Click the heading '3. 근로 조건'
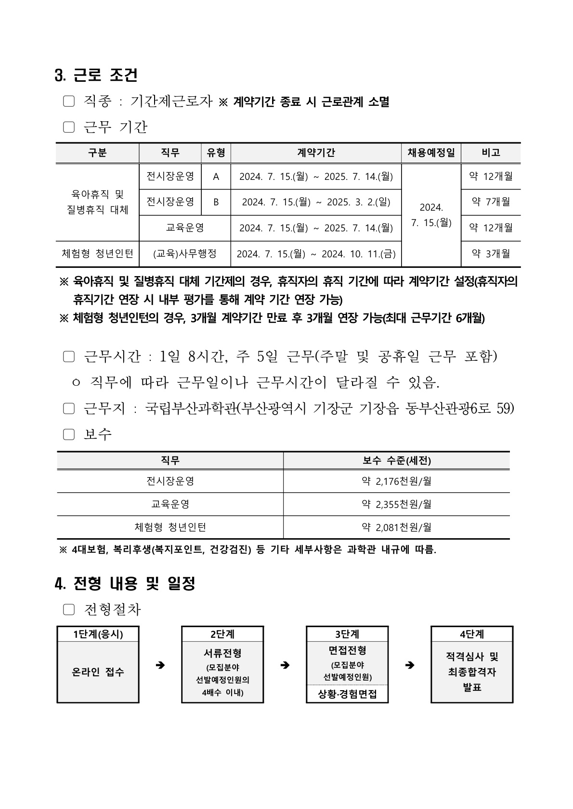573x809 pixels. [96, 76]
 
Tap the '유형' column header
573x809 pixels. [216, 153]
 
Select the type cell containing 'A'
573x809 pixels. [216, 177]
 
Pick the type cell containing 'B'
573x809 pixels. [216, 202]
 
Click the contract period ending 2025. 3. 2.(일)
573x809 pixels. [316, 202]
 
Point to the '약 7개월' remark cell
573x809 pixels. [491, 202]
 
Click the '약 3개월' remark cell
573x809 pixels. [491, 253]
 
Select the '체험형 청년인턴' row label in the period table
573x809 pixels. [97, 253]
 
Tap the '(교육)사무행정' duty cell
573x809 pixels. [185, 253]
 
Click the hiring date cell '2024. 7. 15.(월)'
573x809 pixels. [431, 215]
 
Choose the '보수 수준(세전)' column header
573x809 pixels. [396, 461]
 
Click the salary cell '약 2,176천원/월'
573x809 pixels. [396, 481]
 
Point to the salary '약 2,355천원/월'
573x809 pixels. [396, 504]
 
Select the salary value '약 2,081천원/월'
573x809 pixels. [396, 527]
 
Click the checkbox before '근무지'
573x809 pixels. [69, 409]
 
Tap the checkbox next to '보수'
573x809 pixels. [69, 434]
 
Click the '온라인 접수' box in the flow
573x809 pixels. [98, 672]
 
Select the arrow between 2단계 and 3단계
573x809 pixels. [285, 665]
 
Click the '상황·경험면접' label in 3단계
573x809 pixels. [347, 694]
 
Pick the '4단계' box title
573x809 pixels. [471, 634]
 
